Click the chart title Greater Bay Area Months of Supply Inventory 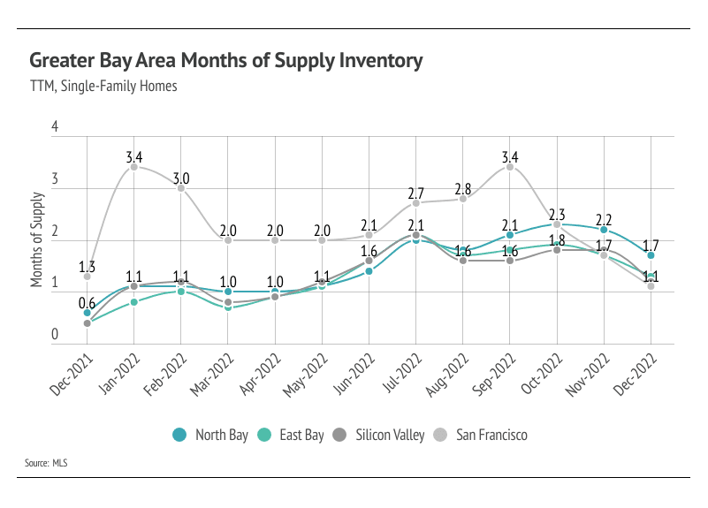(x=225, y=61)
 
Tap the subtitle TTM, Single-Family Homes (x=103, y=87)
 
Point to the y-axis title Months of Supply (x=37, y=239)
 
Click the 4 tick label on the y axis (x=55, y=127)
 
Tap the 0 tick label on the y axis (x=55, y=335)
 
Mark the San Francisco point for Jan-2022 (x=133, y=167)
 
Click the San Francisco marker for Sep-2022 (x=510, y=167)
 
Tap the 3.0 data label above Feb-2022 (x=181, y=178)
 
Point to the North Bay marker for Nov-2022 (x=604, y=230)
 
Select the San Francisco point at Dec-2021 (x=87, y=277)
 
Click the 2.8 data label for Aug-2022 (x=463, y=189)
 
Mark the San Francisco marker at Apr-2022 (x=275, y=240)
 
